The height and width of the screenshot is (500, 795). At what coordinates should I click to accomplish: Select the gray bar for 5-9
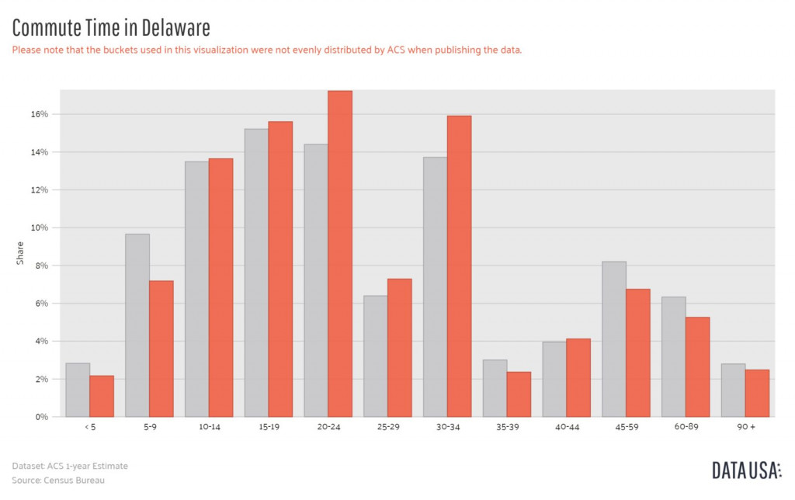pos(137,325)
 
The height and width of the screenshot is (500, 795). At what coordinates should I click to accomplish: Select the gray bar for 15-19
pos(256,273)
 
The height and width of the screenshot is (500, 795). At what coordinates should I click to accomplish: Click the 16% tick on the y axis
pos(40,114)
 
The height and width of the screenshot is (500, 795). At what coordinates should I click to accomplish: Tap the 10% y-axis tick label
pos(40,227)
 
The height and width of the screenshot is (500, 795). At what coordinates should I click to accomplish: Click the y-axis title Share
pos(20,252)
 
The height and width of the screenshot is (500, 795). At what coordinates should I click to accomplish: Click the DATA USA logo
pos(746,470)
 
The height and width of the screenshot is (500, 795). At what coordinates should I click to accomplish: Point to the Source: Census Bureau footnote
pos(58,480)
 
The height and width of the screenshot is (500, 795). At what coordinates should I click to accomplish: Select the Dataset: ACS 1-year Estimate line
pos(70,466)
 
